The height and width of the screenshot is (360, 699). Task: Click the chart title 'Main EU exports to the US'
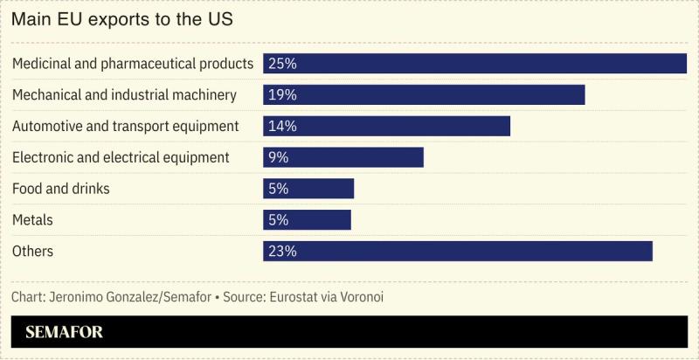coord(121,19)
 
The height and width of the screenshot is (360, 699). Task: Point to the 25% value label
coord(283,64)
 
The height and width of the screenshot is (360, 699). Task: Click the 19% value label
coord(283,94)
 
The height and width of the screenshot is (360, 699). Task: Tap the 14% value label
coord(283,126)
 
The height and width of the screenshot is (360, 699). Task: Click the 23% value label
coord(283,252)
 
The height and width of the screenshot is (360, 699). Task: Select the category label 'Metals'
coord(32,220)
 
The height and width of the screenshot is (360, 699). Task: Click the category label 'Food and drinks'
coord(60,189)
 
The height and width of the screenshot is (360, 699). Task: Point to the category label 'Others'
coord(32,252)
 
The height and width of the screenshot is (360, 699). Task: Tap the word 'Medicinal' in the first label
coord(43,64)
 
